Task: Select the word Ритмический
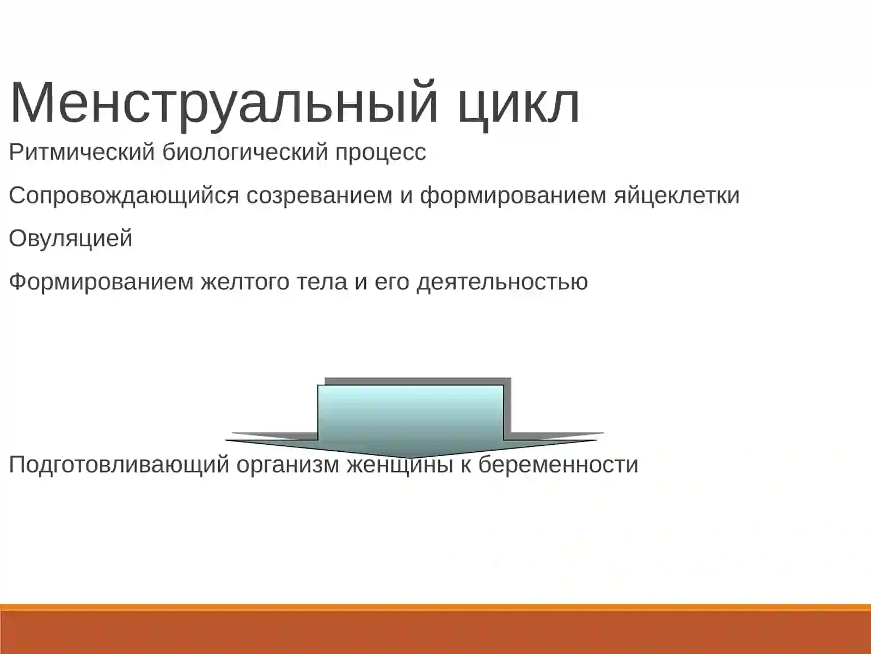pyautogui.click(x=82, y=152)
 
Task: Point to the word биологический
pyautogui.click(x=245, y=152)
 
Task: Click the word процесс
pyautogui.click(x=380, y=152)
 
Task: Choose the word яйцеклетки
pyautogui.click(x=677, y=195)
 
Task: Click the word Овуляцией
pyautogui.click(x=71, y=239)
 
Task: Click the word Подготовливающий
pyautogui.click(x=119, y=465)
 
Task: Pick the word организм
pyautogui.click(x=287, y=465)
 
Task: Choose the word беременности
pyautogui.click(x=558, y=465)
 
